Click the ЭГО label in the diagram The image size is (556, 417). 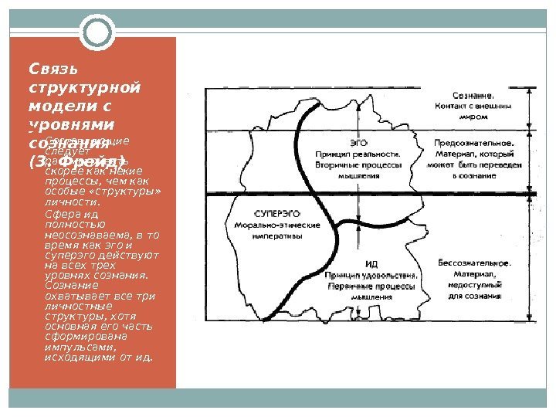(x=358, y=143)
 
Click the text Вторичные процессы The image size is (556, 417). (x=357, y=165)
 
